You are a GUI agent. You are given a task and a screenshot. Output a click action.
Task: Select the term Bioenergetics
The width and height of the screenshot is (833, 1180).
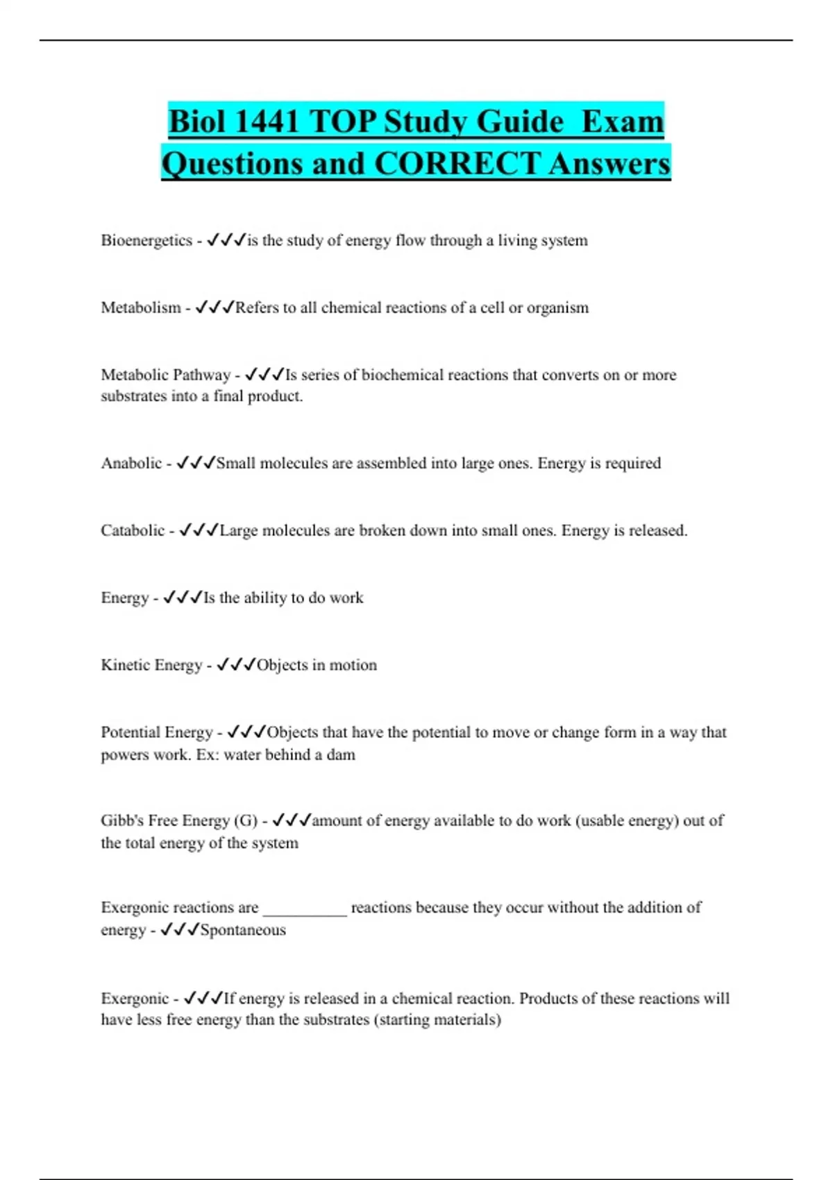[146, 240]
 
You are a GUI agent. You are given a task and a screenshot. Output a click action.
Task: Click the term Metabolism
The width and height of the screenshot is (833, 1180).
[141, 307]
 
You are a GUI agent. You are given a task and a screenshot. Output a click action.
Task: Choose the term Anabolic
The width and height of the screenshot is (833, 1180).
[131, 463]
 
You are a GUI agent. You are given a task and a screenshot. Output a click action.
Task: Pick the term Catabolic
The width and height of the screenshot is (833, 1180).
[133, 530]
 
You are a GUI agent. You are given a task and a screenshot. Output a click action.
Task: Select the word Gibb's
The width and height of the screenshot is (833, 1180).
[122, 820]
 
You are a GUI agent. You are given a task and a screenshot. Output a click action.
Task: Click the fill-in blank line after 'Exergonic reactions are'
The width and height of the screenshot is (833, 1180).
[305, 909]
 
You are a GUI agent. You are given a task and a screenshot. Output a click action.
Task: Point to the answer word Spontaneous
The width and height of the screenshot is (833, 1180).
[243, 930]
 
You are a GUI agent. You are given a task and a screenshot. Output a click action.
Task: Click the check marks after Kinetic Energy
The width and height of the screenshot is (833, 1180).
[237, 665]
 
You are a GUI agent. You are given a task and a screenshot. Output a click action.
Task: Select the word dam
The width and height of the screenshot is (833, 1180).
[341, 755]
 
